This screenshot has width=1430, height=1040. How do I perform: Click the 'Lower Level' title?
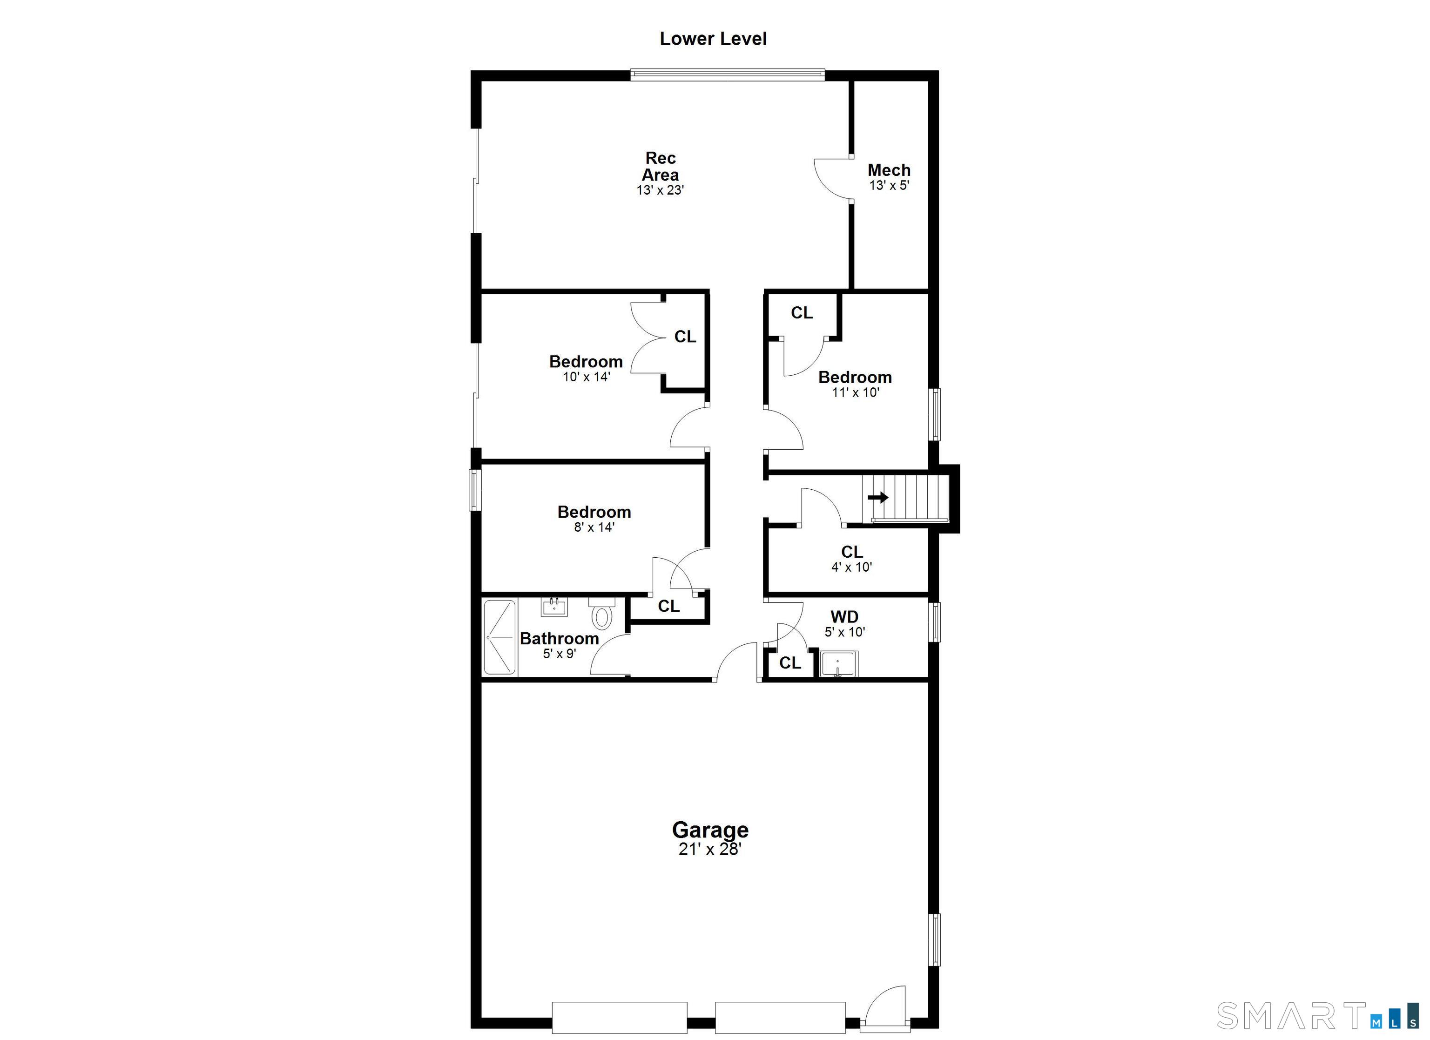pos(713,39)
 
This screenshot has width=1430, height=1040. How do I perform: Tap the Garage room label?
pos(710,830)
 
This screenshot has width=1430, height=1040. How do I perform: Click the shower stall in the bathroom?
pos(499,638)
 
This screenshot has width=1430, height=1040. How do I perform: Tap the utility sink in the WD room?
pos(838,664)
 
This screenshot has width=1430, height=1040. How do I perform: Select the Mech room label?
pos(889,170)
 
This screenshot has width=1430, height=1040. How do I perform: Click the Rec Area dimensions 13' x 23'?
pos(660,190)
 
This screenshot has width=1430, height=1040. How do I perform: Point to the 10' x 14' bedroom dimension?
pos(587,377)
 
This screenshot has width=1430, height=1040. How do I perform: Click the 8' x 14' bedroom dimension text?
pos(594,527)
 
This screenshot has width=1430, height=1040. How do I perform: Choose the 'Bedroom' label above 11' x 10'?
pos(855,377)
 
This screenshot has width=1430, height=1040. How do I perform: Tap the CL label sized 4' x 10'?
pos(852,552)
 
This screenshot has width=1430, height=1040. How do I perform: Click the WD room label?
pos(844,617)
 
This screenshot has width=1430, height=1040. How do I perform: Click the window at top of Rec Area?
pos(728,75)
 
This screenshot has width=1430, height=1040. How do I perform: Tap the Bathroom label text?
pos(559,638)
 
